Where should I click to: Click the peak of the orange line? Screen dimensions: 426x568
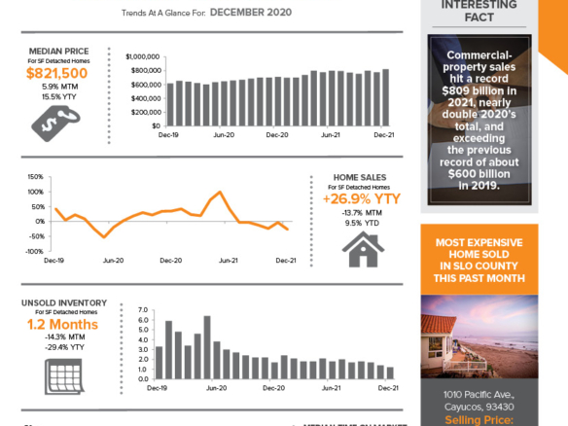click(x=221, y=193)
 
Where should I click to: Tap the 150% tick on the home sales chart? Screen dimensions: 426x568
click(x=34, y=177)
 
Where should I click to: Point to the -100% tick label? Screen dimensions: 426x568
click(x=32, y=250)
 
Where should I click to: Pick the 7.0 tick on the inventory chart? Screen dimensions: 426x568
click(x=142, y=309)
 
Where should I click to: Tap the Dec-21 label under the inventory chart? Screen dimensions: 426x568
click(x=388, y=387)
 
